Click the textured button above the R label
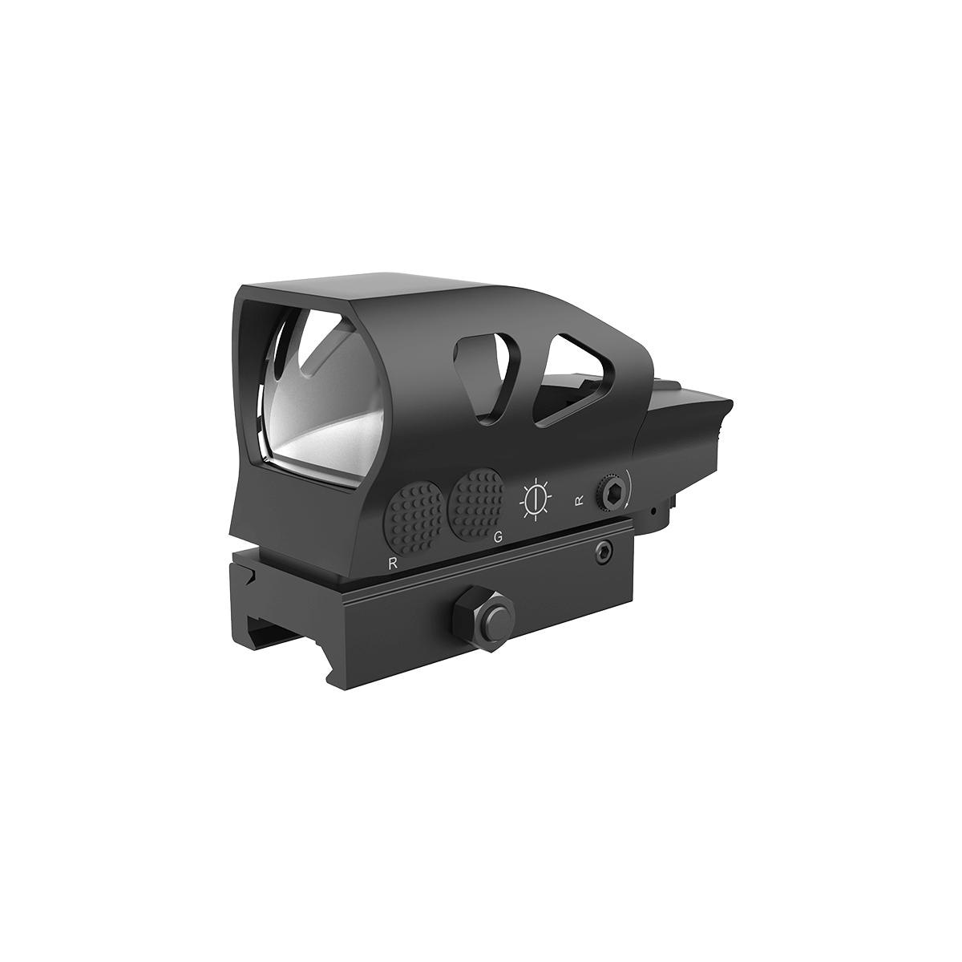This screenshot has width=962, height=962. (x=414, y=512)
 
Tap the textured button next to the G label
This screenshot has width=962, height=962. (x=476, y=498)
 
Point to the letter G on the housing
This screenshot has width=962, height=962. (x=498, y=538)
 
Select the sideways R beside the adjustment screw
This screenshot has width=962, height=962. (x=579, y=502)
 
